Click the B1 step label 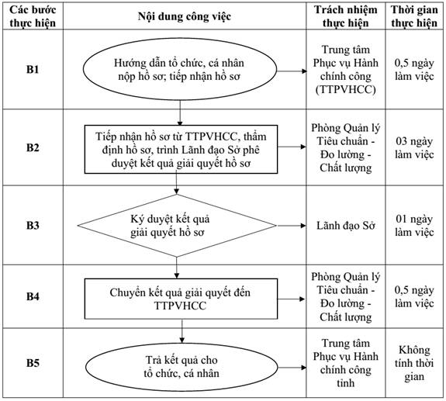click(33, 69)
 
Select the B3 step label click(33, 225)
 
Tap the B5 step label click(33, 363)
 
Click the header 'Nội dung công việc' click(185, 16)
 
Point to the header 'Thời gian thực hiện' click(414, 16)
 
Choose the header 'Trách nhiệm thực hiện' click(346, 16)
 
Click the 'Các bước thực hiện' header click(33, 16)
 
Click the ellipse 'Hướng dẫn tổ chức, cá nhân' click(180, 69)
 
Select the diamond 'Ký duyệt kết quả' click(177, 226)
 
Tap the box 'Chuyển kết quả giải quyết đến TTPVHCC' click(181, 299)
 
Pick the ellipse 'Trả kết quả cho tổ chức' click(182, 367)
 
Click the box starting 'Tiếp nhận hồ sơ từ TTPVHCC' click(181, 149)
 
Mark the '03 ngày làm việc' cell click(414, 148)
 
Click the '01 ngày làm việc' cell click(414, 226)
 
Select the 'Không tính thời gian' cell click(414, 363)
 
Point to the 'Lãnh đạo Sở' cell click(346, 226)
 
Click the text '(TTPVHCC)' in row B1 click(346, 89)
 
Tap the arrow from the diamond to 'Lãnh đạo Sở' click(291, 226)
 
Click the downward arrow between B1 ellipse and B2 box click(180, 113)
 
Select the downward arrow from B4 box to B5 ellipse click(182, 331)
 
